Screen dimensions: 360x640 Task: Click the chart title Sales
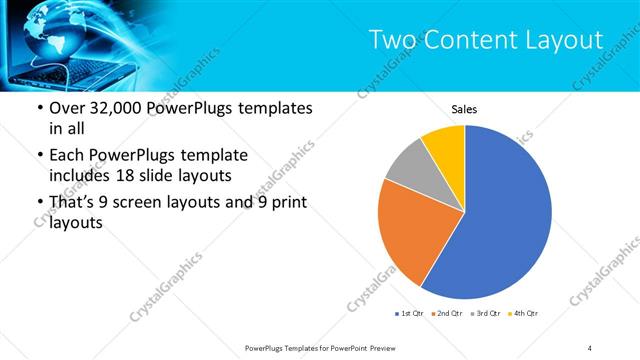pyautogui.click(x=463, y=108)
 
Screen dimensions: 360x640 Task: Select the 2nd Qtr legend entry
pyautogui.click(x=447, y=314)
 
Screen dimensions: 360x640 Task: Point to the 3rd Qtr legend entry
pyautogui.click(x=487, y=314)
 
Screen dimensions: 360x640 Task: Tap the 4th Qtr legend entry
pyautogui.click(x=525, y=314)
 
